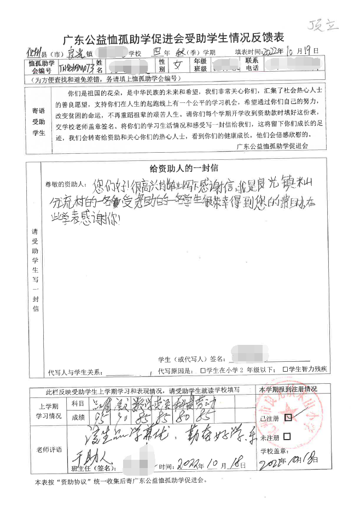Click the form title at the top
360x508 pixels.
pos(174,39)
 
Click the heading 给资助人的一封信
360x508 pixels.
pos(184,168)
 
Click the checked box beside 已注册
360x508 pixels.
pos(288,417)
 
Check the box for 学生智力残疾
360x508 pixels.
pos(285,370)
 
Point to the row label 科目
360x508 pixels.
pos(78,403)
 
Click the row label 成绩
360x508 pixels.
pos(78,417)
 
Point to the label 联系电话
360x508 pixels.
pos(252,65)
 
